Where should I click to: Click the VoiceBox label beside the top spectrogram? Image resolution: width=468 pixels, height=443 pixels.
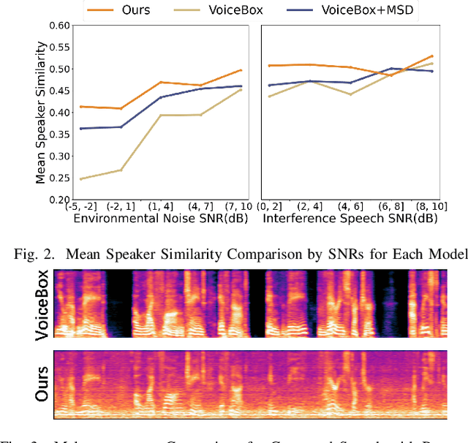(42, 305)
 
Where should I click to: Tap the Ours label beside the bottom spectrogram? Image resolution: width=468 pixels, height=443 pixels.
(42, 383)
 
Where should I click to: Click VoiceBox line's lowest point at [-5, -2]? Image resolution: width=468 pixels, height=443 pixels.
(80, 178)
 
